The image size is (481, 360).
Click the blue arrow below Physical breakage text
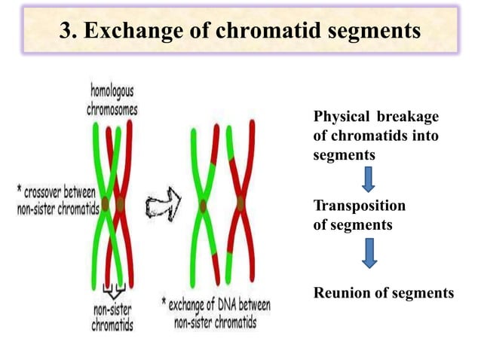[369, 179]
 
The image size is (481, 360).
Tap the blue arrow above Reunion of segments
[369, 253]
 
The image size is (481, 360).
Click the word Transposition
[358, 206]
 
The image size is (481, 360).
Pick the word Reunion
[340, 293]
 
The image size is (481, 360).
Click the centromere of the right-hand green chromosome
[203, 204]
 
